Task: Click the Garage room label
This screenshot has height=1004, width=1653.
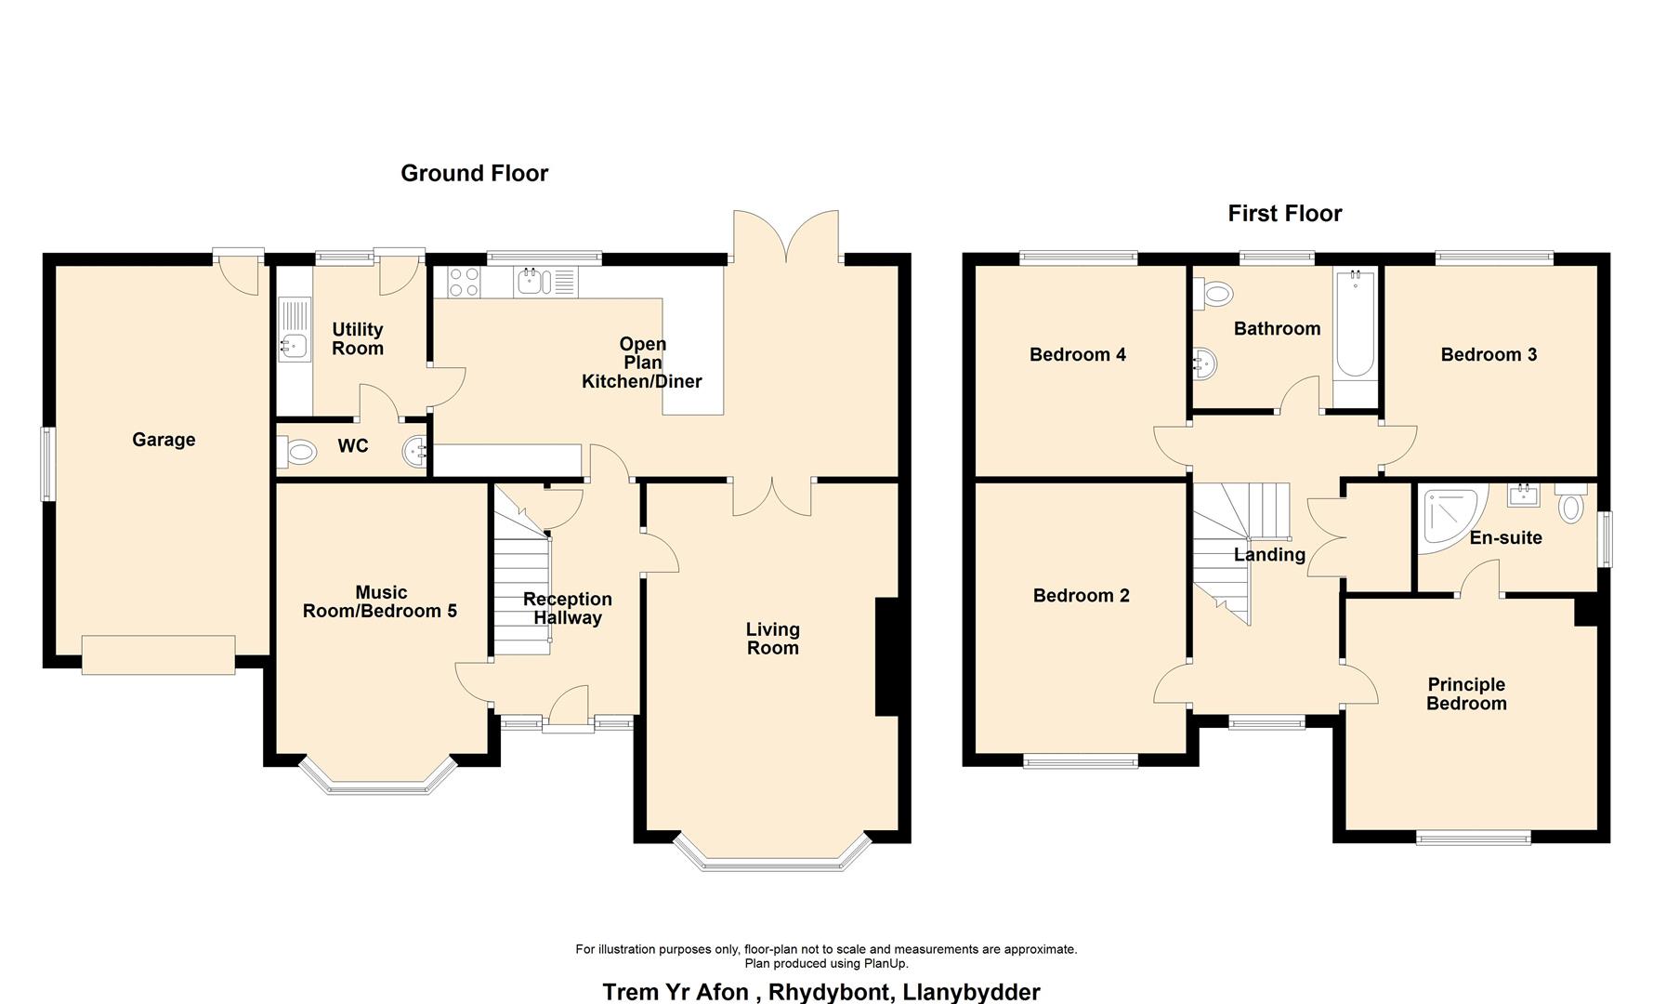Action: click(x=164, y=440)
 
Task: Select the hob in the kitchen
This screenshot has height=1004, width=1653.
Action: click(x=464, y=282)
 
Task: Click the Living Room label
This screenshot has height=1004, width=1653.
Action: click(x=772, y=639)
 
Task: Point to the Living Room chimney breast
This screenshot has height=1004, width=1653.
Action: click(x=886, y=656)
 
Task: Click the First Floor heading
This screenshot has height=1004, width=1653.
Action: click(x=1284, y=214)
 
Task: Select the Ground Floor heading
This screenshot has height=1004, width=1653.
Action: click(x=474, y=174)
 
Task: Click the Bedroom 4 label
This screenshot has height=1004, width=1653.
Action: click(x=1077, y=354)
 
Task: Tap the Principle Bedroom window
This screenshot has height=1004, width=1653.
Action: click(x=1473, y=838)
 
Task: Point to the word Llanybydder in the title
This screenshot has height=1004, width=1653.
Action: click(x=971, y=992)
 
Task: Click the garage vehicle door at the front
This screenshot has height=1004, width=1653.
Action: click(x=158, y=654)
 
